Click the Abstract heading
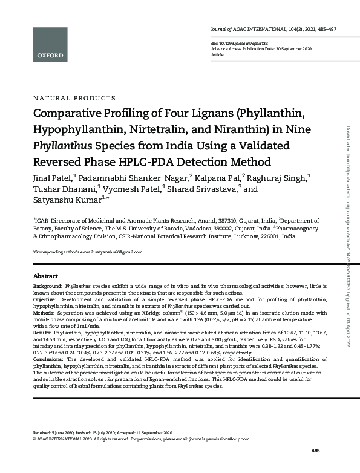pyautogui.click(x=45, y=275)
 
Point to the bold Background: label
pyautogui.click(x=47, y=285)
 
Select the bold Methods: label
pyautogui.click(x=44, y=313)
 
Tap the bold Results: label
pyautogui.click(x=42, y=333)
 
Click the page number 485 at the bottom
pyautogui.click(x=315, y=451)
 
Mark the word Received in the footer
pyautogui.click(x=42, y=433)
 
